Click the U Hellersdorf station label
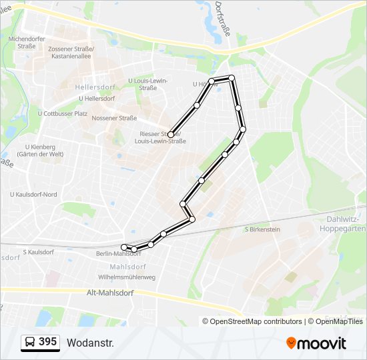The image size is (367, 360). (x=97, y=99)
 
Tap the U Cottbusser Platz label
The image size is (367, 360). (x=63, y=113)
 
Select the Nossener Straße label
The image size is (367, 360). (x=114, y=118)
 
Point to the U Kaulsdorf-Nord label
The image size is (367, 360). (x=33, y=194)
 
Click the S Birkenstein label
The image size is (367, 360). (x=262, y=229)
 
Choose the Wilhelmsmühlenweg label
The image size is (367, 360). (x=126, y=277)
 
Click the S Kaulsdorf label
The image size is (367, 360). (x=37, y=252)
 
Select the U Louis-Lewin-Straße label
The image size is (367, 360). (x=147, y=84)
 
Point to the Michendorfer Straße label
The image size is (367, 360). (x=27, y=43)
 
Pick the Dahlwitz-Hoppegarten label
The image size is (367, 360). (x=346, y=223)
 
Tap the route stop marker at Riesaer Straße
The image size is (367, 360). (x=171, y=135)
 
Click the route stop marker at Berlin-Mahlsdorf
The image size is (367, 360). (x=124, y=247)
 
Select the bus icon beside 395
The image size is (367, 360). (x=30, y=343)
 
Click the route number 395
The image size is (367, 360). (x=48, y=342)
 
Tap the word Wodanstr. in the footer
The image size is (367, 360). (x=91, y=343)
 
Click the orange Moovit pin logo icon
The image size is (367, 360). (x=292, y=343)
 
